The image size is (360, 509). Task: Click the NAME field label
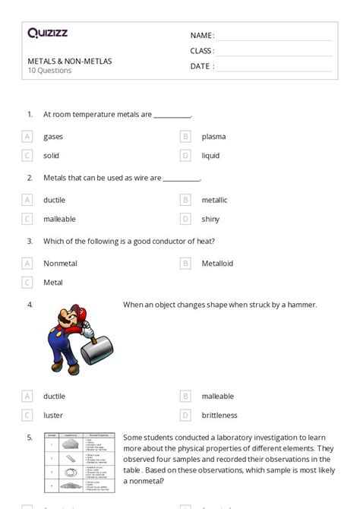pyautogui.click(x=202, y=36)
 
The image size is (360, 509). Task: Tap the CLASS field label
pyautogui.click(x=202, y=51)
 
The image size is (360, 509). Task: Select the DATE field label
pyautogui.click(x=201, y=66)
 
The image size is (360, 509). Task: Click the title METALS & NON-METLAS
pyautogui.click(x=69, y=61)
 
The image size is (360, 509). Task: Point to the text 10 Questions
pyautogui.click(x=49, y=71)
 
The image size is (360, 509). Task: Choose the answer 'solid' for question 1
pyautogui.click(x=52, y=156)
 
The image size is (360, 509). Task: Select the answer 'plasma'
pyautogui.click(x=213, y=137)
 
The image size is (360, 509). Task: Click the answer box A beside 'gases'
pyautogui.click(x=27, y=137)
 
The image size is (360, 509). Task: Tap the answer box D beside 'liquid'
pyautogui.click(x=185, y=156)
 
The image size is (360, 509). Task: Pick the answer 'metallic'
pyautogui.click(x=214, y=200)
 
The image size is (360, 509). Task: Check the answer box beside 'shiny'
pyautogui.click(x=185, y=219)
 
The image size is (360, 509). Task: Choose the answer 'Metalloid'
pyautogui.click(x=217, y=263)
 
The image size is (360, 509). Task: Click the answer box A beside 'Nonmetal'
pyautogui.click(x=27, y=263)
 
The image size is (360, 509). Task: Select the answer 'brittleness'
pyautogui.click(x=219, y=416)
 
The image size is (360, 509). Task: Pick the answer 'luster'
pyautogui.click(x=53, y=416)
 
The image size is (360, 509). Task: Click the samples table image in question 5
pyautogui.click(x=79, y=460)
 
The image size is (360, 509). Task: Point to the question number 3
pyautogui.click(x=30, y=242)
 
